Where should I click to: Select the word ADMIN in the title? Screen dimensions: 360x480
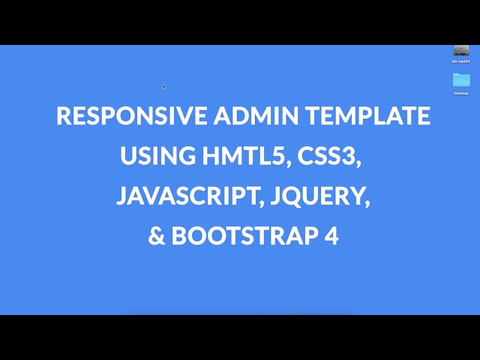(x=250, y=116)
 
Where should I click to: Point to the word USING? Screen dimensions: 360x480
(x=157, y=157)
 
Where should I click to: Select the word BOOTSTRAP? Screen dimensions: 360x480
(x=244, y=236)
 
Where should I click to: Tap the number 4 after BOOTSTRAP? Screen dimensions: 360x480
(x=332, y=236)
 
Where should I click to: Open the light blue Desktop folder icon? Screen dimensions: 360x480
(x=461, y=79)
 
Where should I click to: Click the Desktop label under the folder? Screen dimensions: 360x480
(x=461, y=93)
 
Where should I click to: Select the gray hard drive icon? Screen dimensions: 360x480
(x=461, y=50)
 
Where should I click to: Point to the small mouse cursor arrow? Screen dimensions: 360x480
(x=164, y=86)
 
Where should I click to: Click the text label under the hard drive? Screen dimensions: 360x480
(x=461, y=61)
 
